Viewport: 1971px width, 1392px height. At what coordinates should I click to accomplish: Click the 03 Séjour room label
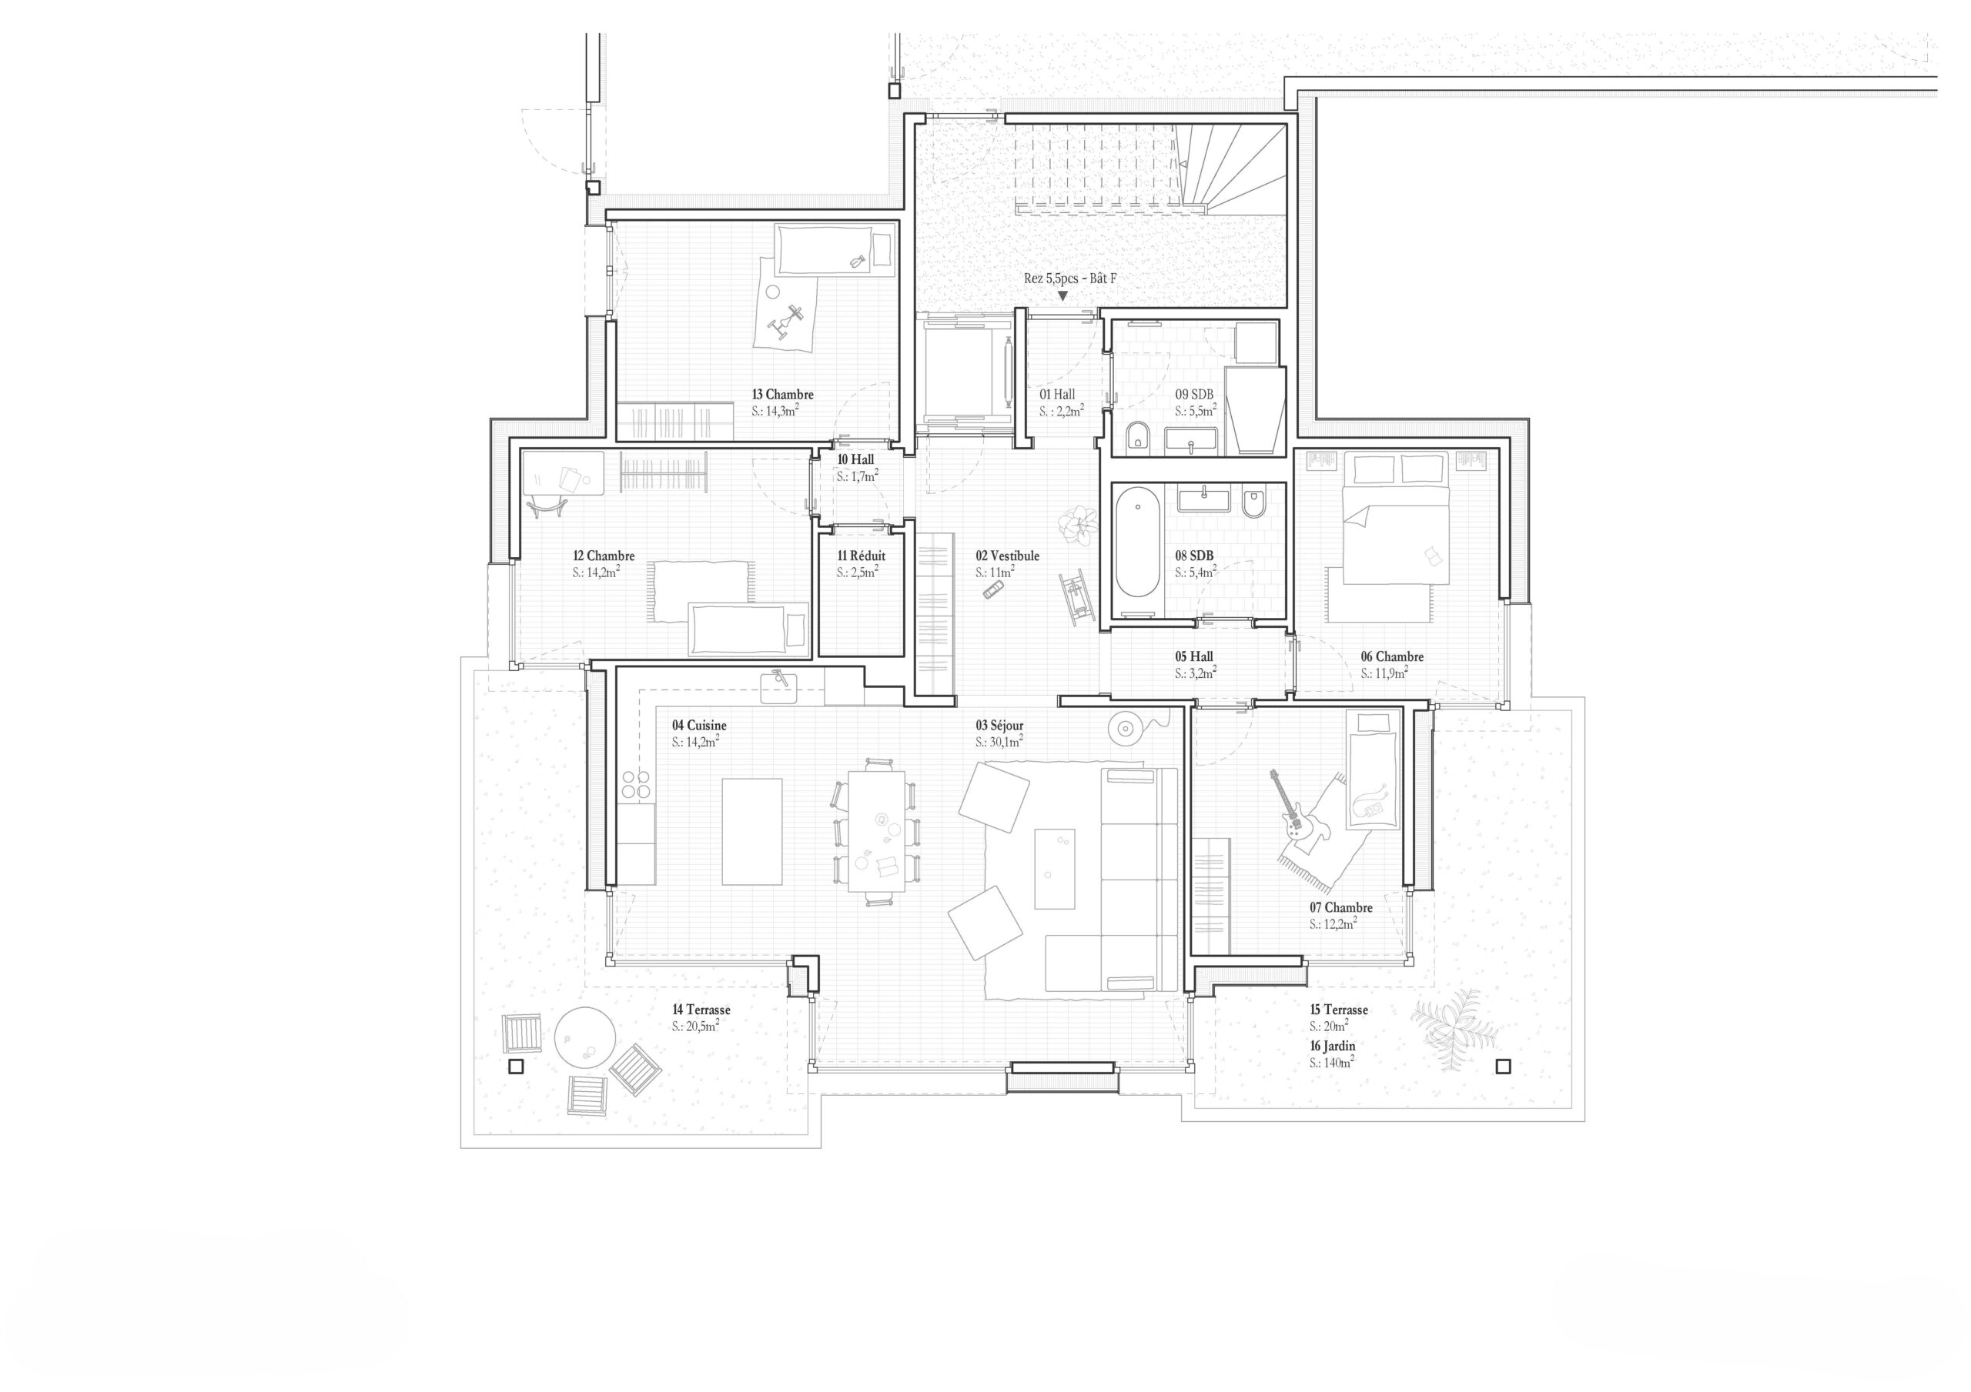click(999, 725)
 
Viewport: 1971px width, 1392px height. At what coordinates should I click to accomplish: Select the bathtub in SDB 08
click(1137, 542)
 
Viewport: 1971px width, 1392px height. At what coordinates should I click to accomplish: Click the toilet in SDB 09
click(1138, 437)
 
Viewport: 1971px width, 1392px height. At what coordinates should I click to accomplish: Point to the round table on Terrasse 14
click(584, 1037)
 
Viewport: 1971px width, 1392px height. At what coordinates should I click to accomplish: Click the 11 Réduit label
click(861, 556)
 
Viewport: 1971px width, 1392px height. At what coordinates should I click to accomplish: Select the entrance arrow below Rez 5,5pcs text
click(1062, 296)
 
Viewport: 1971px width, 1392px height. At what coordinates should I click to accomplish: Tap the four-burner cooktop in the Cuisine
click(636, 784)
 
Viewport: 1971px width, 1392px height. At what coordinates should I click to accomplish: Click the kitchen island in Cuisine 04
click(752, 832)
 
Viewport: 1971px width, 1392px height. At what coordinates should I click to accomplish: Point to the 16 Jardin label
click(1332, 1047)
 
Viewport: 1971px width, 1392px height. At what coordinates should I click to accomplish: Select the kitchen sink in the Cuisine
click(779, 685)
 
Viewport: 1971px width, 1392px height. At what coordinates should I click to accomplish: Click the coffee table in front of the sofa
click(1054, 869)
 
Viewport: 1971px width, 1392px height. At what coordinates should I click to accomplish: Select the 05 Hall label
click(1194, 656)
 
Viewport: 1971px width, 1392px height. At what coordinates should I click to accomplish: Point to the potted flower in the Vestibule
click(1077, 522)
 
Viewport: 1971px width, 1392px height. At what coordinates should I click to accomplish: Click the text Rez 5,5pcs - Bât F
click(1069, 278)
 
